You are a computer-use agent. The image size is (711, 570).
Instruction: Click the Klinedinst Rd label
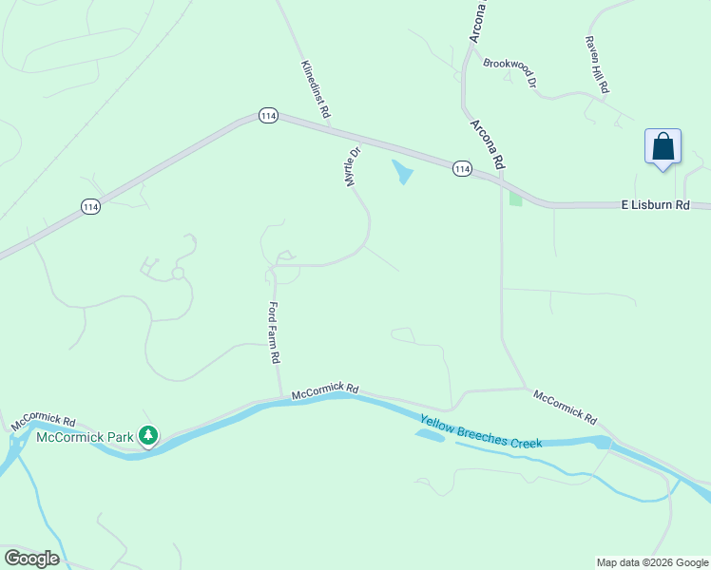coord(316,89)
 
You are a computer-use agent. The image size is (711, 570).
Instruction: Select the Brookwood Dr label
coord(509,74)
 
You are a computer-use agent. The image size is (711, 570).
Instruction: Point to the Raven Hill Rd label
coord(597,65)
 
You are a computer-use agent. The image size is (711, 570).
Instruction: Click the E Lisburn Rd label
coord(654,204)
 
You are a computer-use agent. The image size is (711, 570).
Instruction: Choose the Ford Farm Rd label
coord(274,332)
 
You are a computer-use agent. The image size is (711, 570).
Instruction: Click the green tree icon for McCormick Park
coord(147,436)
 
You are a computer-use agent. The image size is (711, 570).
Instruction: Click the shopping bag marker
coord(663,148)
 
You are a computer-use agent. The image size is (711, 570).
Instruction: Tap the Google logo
coord(31,559)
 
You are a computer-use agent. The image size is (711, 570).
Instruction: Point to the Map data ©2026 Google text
coord(652,562)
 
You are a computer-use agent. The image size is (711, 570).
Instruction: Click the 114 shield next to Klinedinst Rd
coord(268,115)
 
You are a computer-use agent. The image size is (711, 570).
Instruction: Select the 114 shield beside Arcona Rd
coord(462,168)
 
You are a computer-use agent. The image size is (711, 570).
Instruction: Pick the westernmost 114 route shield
coord(90,206)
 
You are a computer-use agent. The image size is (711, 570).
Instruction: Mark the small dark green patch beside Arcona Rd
coord(515,199)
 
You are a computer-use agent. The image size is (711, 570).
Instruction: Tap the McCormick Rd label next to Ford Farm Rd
coord(325,390)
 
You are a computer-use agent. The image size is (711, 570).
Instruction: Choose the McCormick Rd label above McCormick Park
coord(44,421)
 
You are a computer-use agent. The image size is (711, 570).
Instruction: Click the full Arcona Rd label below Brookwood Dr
coord(485,143)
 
